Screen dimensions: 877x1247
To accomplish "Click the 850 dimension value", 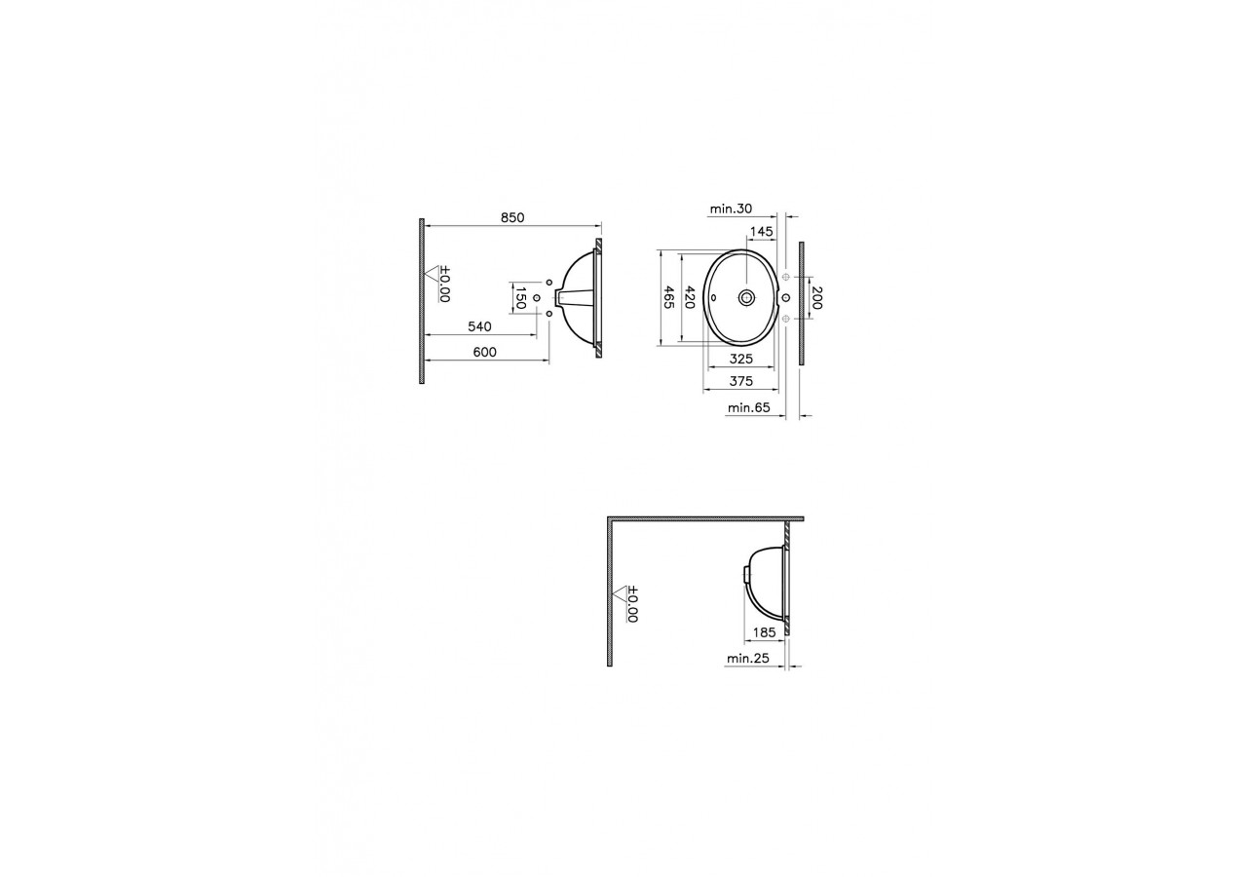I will pyautogui.click(x=512, y=218).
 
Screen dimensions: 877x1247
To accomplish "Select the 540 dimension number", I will pyautogui.click(x=479, y=326).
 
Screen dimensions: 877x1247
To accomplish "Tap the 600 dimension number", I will pyautogui.click(x=484, y=351).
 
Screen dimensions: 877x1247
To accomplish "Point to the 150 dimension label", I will pyautogui.click(x=521, y=297).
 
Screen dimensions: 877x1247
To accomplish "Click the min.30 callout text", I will pyautogui.click(x=730, y=209).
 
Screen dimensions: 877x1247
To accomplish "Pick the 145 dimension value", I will pyautogui.click(x=761, y=232).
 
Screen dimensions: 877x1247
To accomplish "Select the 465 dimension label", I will pyautogui.click(x=668, y=297).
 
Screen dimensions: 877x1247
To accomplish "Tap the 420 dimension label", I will pyautogui.click(x=690, y=297).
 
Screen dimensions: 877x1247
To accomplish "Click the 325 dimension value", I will pyautogui.click(x=741, y=359).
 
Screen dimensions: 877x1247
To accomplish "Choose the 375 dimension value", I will pyautogui.click(x=741, y=381).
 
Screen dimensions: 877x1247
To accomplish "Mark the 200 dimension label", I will pyautogui.click(x=816, y=298).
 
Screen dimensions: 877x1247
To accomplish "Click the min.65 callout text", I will pyautogui.click(x=748, y=408).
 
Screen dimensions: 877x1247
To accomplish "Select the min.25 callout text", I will pyautogui.click(x=747, y=660).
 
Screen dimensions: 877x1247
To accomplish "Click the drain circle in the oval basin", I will pyautogui.click(x=747, y=297).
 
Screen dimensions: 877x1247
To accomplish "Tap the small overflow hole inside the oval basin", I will pyautogui.click(x=713, y=297).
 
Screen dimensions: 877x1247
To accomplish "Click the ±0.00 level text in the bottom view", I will pyautogui.click(x=630, y=604).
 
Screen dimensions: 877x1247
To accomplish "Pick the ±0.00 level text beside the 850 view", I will pyautogui.click(x=444, y=285).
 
